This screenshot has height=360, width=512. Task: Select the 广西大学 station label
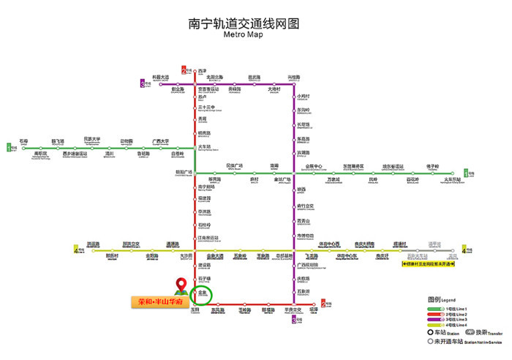pyautogui.click(x=161, y=140)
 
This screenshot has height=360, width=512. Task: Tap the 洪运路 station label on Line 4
pyautogui.click(x=93, y=244)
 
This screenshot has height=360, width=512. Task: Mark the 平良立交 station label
pyautogui.click(x=293, y=310)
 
